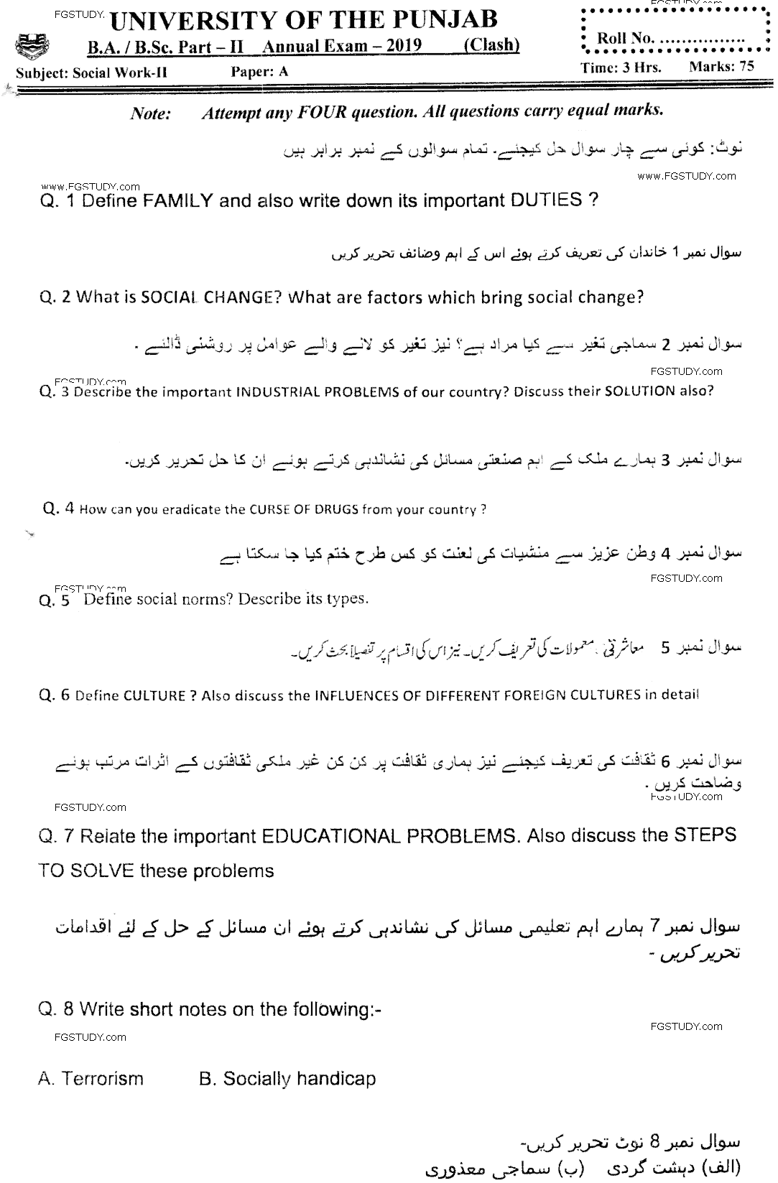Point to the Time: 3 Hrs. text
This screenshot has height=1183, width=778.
pyautogui.click(x=621, y=67)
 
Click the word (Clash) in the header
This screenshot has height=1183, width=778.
pyautogui.click(x=491, y=45)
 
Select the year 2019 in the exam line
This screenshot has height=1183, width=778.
pyautogui.click(x=402, y=47)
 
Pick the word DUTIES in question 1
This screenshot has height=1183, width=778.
pyautogui.click(x=546, y=200)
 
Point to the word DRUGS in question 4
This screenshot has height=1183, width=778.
pyautogui.click(x=335, y=510)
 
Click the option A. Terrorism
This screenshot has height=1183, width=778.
pyautogui.click(x=91, y=1078)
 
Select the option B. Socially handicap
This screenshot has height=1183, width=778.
pyautogui.click(x=287, y=1078)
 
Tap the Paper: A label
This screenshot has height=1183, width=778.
pyautogui.click(x=260, y=71)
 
